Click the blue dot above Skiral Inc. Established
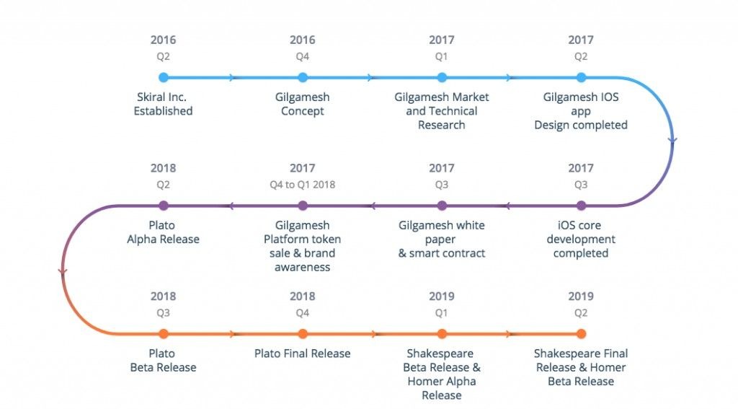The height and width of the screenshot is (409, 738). click(x=164, y=77)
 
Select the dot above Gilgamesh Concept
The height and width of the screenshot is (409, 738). click(x=303, y=77)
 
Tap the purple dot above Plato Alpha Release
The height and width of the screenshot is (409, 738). click(x=164, y=206)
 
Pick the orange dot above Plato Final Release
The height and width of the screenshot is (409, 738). click(x=303, y=333)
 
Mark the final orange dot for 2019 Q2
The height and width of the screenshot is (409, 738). click(x=581, y=333)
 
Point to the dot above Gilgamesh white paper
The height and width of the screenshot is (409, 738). click(x=442, y=206)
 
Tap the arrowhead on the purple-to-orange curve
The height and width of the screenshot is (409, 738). click(x=63, y=272)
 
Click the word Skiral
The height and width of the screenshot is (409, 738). click(x=152, y=97)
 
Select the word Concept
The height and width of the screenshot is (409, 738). click(x=303, y=111)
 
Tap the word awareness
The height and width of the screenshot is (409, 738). click(x=303, y=267)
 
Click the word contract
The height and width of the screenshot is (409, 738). click(x=463, y=253)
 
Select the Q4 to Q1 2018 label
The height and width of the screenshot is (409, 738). click(x=303, y=185)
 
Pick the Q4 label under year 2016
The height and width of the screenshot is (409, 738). click(x=303, y=56)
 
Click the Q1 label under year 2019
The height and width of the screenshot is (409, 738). click(x=442, y=313)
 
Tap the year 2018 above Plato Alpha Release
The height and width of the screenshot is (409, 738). click(x=164, y=168)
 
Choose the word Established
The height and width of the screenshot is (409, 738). click(x=164, y=111)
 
